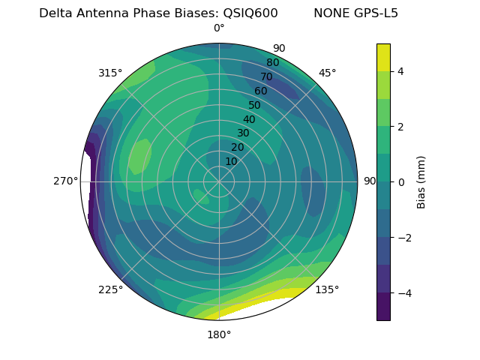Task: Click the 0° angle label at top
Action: [x=219, y=28]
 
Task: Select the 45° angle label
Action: [x=327, y=73]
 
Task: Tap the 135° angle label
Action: [x=327, y=289]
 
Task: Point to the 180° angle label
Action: [x=219, y=334]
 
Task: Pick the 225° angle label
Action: [x=110, y=289]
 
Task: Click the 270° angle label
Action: [x=65, y=181]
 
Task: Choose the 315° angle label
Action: [x=110, y=73]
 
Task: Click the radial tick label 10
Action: [x=231, y=161]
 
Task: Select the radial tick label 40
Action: [x=249, y=119]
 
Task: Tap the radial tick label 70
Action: [x=266, y=76]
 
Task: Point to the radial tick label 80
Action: [x=272, y=62]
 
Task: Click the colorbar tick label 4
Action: [x=401, y=71]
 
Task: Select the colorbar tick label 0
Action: [x=401, y=181]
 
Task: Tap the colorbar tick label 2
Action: [x=401, y=127]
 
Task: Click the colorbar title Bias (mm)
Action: [x=421, y=181]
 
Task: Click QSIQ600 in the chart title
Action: [x=250, y=13]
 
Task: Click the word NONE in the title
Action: [x=331, y=13]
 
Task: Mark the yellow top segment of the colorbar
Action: [x=383, y=57]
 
